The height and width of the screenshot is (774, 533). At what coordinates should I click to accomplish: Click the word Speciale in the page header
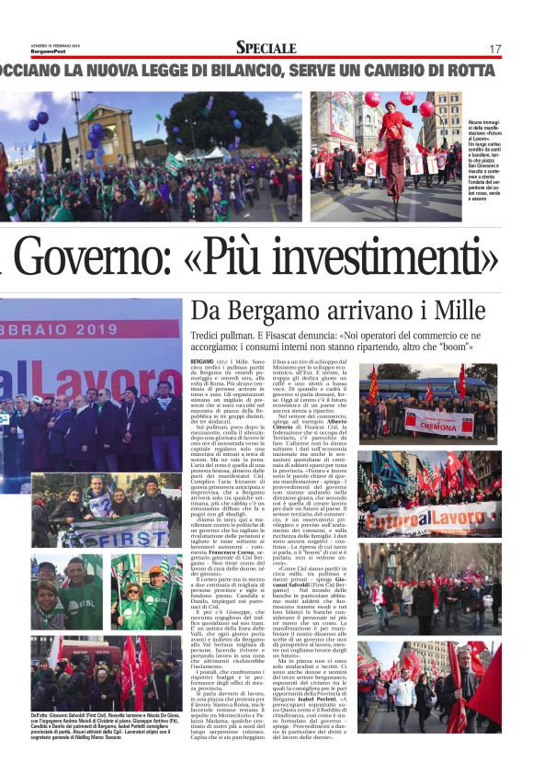pyautogui.click(x=266, y=47)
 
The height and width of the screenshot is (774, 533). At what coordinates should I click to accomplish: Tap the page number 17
pyautogui.click(x=494, y=48)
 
